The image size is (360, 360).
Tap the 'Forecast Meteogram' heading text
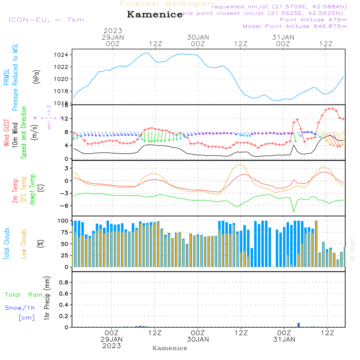(168, 4)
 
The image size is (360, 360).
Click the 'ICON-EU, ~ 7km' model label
(46, 20)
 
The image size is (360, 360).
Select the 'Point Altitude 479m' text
(313, 20)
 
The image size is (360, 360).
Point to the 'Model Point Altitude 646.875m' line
(295, 26)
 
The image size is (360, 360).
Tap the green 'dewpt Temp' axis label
(33, 190)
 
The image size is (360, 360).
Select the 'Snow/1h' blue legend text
(20, 308)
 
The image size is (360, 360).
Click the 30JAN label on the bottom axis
(198, 339)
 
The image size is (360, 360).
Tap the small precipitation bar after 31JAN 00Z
(298, 325)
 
